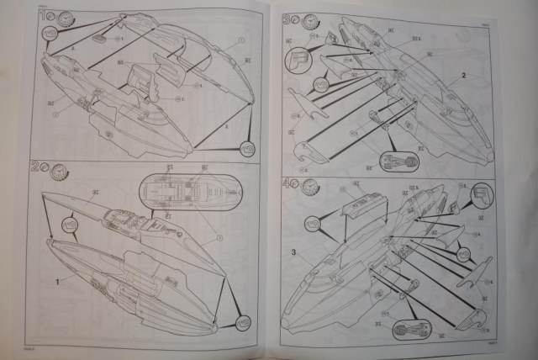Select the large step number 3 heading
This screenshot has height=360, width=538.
click(287, 19)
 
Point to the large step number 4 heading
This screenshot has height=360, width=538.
click(287, 183)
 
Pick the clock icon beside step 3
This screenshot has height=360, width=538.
click(311, 21)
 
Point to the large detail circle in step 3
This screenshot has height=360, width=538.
click(300, 61)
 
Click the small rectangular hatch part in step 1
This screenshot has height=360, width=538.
click(99, 39)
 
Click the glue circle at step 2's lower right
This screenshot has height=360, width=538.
click(242, 322)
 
